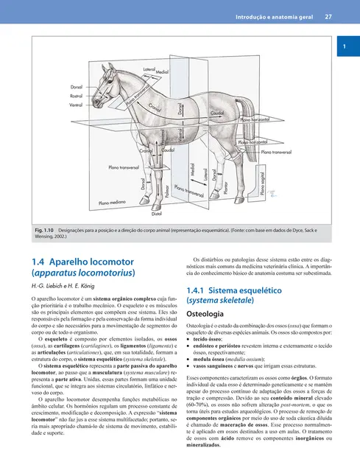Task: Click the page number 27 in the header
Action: (x=328, y=16)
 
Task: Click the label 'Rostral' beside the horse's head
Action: (x=77, y=96)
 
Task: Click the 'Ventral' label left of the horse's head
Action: (x=76, y=105)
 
